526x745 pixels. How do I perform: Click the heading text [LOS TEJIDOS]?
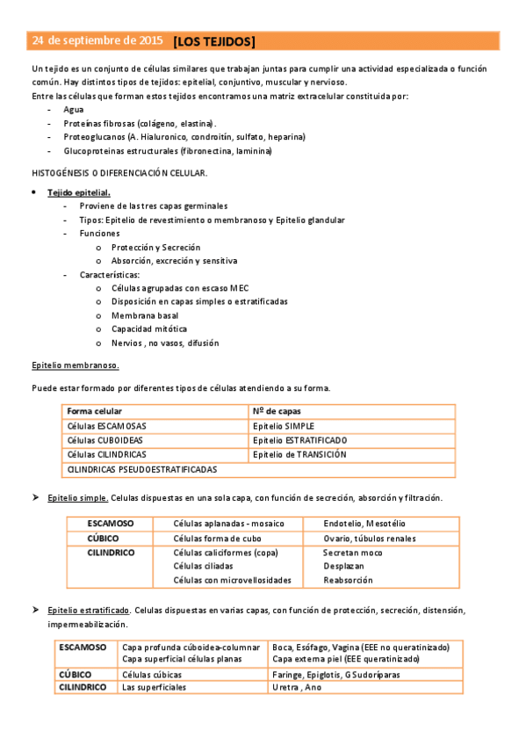click(x=215, y=41)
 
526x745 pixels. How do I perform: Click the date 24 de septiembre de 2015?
click(x=97, y=41)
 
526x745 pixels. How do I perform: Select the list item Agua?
click(x=75, y=110)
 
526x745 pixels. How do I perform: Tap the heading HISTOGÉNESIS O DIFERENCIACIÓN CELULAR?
click(x=119, y=172)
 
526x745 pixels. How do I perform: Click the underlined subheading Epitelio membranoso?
click(x=76, y=364)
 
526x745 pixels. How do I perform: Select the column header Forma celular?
click(x=95, y=411)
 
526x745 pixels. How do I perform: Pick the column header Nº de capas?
click(x=278, y=411)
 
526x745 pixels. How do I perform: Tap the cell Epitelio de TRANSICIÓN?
click(x=299, y=454)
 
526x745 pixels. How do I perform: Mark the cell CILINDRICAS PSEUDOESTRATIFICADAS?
click(x=141, y=469)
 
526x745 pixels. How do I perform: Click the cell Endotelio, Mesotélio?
click(x=357, y=524)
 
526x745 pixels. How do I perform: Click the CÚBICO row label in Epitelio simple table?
click(x=104, y=538)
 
